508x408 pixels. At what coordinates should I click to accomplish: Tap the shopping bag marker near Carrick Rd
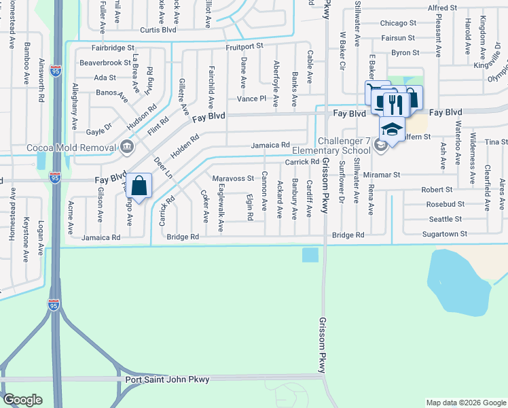139,186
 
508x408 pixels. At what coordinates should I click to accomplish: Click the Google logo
22,400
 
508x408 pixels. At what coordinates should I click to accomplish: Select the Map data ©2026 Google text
465,403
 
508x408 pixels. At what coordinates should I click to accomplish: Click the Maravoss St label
233,178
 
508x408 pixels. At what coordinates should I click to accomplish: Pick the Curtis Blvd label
158,29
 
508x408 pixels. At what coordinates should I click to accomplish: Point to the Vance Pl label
251,99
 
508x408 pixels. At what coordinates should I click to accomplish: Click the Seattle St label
446,219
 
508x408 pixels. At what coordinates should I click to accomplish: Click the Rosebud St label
446,204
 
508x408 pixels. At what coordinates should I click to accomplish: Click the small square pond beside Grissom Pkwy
310,254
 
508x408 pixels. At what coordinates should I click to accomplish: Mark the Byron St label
405,52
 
